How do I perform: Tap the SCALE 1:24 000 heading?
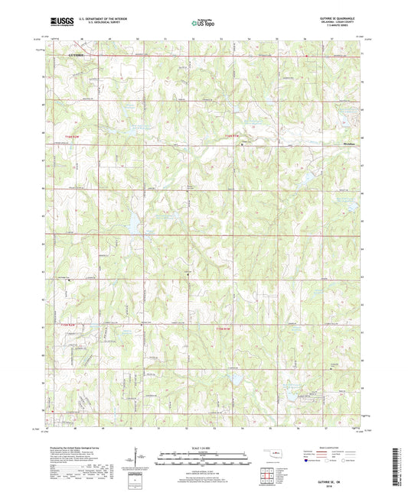(x=204, y=448)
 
